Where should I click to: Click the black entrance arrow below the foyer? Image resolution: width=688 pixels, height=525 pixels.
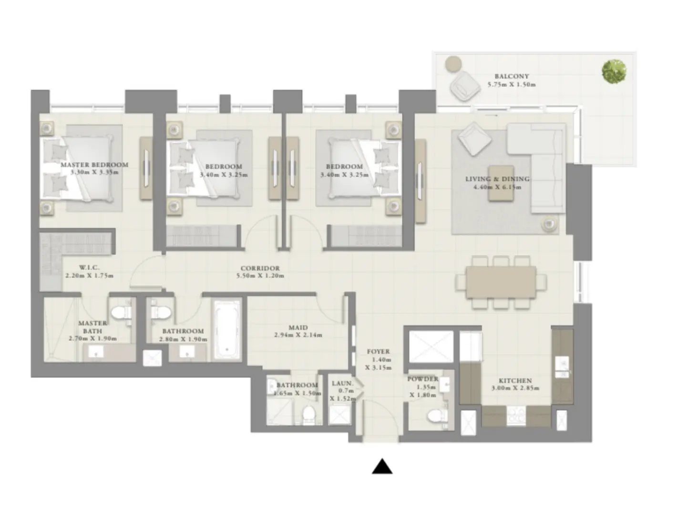pos(382,467)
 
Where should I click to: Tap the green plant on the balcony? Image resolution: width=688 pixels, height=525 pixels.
pos(614,72)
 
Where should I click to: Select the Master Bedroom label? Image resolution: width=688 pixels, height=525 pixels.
pos(94,165)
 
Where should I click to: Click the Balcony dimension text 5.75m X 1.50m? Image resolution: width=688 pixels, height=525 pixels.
pos(512,84)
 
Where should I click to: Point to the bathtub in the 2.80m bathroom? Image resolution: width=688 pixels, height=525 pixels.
pos(227,330)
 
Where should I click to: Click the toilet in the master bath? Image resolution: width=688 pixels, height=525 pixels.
pos(121,314)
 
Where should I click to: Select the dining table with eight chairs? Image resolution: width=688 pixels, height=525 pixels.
pos(500,282)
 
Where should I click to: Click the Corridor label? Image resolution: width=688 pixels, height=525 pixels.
pos(260,268)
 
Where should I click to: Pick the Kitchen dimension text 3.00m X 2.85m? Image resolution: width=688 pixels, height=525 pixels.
pos(515,388)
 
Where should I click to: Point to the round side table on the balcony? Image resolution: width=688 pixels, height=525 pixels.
pos(453,63)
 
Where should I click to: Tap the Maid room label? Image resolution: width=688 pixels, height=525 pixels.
pos(298,327)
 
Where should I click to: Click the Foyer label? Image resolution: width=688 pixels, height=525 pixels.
pos(378,351)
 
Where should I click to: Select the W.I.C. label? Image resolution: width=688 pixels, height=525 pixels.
pos(89,267)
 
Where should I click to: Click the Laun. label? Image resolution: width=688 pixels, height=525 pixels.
pos(342,383)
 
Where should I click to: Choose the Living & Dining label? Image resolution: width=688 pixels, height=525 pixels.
pos(497,179)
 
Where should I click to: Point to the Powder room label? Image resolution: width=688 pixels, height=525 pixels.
pos(422,379)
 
